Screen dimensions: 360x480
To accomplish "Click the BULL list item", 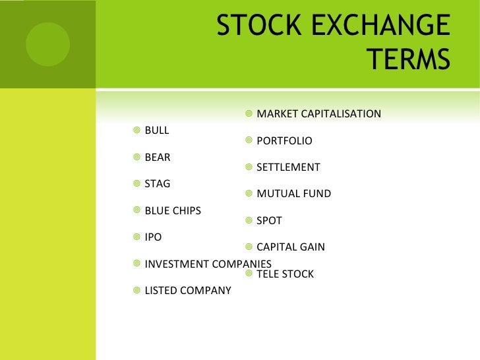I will coord(157,131).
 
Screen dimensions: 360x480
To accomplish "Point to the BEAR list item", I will coord(158,158).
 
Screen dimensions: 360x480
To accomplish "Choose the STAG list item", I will coord(158,184).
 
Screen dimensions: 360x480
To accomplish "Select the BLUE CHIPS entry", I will coord(173,211).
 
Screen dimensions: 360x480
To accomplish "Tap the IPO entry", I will coord(153,237).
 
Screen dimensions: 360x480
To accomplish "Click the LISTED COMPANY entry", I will coord(188,291).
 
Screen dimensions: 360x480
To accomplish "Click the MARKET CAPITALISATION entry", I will coord(318,114).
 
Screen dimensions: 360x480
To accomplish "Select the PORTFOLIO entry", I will coord(284,141).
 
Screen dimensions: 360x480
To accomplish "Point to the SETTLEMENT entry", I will coord(288,167).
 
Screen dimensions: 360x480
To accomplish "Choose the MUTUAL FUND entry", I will coord(293,195).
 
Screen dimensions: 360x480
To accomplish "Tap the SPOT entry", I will coord(269,221).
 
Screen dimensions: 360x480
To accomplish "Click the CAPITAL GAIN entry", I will coord(290,248).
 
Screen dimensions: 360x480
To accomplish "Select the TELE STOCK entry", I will coord(285,274).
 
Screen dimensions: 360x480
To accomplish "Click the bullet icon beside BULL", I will coord(136,131).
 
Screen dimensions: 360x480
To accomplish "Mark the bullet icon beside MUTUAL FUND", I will coord(248,194).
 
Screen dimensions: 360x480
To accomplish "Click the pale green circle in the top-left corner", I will coord(47,43).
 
